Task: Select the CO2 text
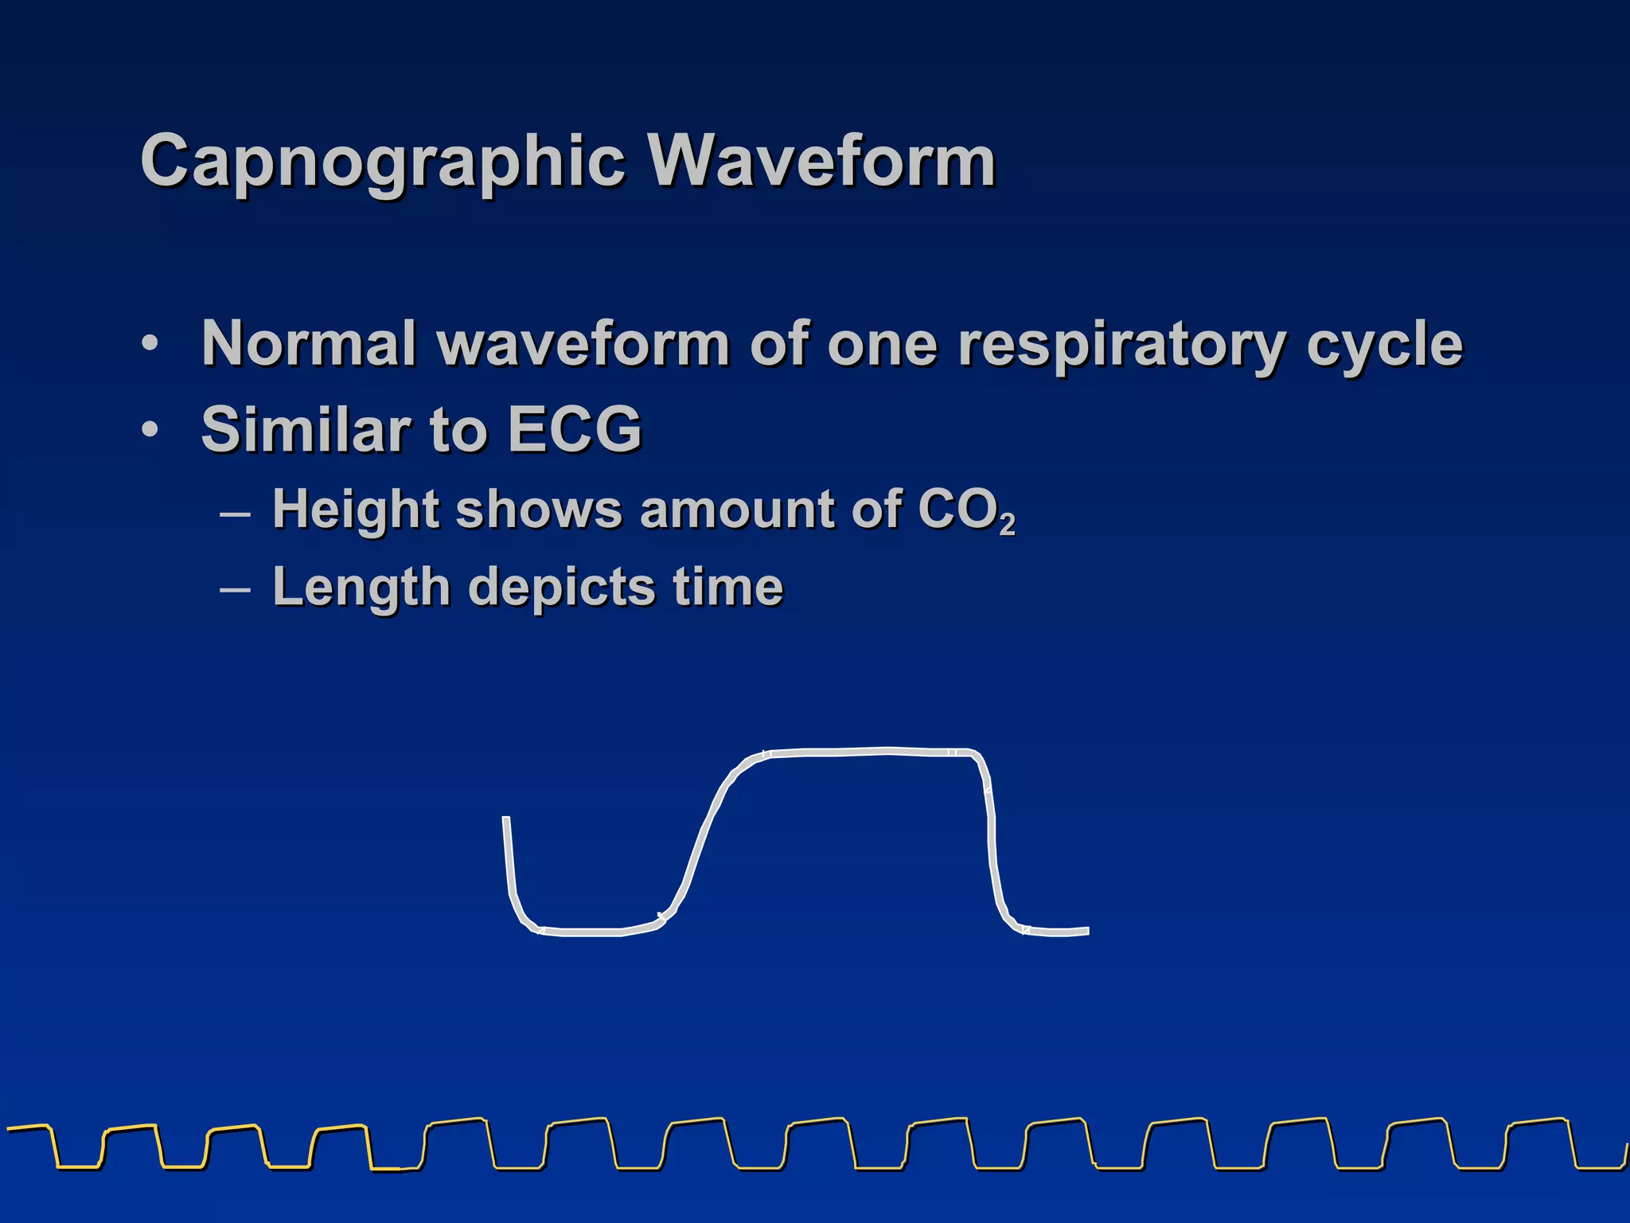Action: coord(966,511)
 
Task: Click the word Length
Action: coord(361,588)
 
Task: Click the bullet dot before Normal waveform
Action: coord(149,345)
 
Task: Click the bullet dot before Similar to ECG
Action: coord(149,430)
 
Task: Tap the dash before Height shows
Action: coord(235,514)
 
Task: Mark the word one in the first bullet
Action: coord(882,345)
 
